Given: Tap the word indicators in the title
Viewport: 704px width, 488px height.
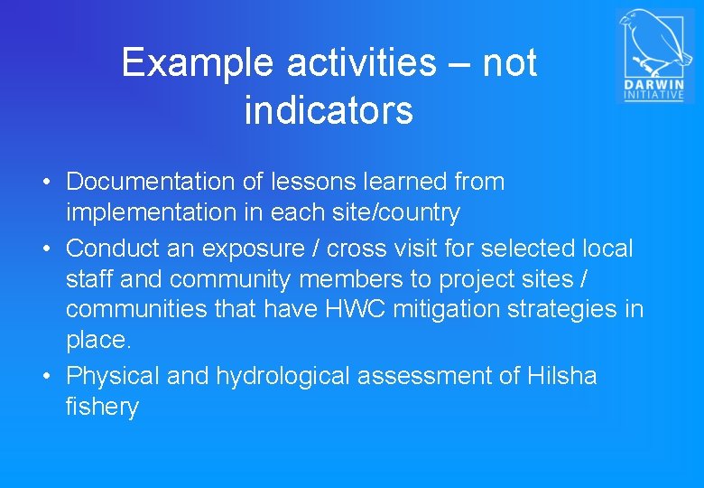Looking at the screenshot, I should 329,111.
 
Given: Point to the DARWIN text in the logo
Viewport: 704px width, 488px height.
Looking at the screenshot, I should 654,85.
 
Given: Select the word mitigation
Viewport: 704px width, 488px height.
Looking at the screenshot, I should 435,309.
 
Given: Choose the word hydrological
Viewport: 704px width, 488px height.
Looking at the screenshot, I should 283,375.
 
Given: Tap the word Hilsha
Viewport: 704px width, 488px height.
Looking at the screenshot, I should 560,375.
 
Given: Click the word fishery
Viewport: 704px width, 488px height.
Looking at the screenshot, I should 102,408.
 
